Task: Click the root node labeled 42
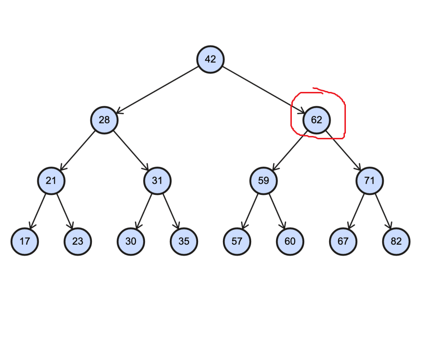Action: click(x=210, y=59)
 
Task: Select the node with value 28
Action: click(x=104, y=120)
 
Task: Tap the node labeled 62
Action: click(x=316, y=120)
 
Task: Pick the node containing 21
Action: click(x=51, y=180)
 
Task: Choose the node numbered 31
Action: click(x=157, y=180)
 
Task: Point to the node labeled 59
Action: click(x=264, y=180)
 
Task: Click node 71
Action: click(x=369, y=180)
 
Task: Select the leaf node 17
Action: click(x=25, y=241)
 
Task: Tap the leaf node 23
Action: click(x=78, y=241)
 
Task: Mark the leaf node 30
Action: click(x=131, y=241)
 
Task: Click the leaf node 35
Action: click(x=184, y=241)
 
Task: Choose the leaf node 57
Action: click(x=237, y=241)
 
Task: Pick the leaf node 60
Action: click(x=290, y=241)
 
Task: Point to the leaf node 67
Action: click(x=343, y=241)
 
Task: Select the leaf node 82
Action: click(x=396, y=241)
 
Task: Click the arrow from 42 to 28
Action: click(x=157, y=90)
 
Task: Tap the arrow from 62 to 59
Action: click(x=290, y=150)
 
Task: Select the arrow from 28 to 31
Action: click(x=131, y=150)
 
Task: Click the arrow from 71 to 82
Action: click(x=383, y=211)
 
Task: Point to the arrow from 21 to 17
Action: click(x=38, y=211)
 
